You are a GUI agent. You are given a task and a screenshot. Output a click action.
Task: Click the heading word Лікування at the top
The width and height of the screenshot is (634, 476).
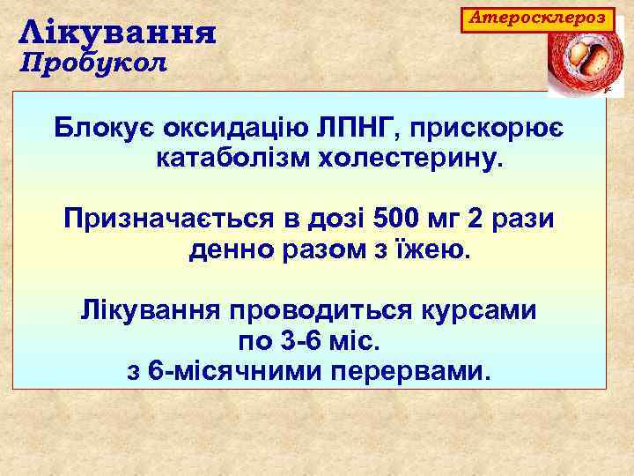point(118,33)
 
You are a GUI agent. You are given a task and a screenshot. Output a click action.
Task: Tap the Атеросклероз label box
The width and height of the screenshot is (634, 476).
point(537,18)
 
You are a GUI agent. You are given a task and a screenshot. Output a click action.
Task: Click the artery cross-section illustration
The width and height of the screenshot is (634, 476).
point(580,62)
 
